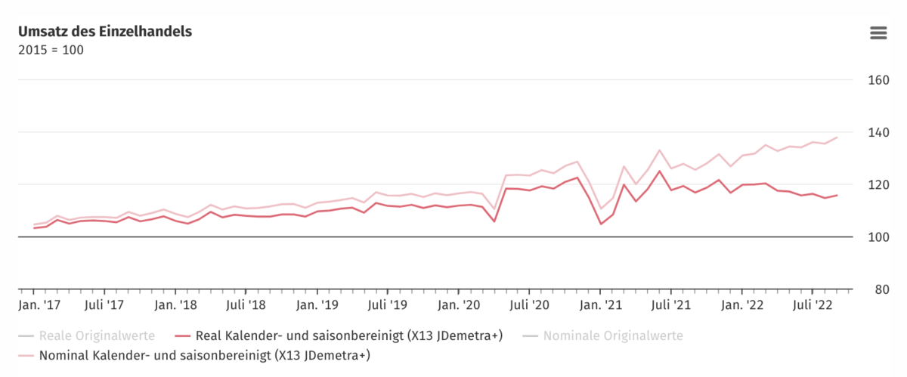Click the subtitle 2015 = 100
click(51, 50)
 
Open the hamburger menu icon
click(878, 32)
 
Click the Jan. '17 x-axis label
click(39, 305)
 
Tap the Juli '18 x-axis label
click(246, 305)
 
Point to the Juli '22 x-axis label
click(813, 305)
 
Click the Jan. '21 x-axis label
click(600, 305)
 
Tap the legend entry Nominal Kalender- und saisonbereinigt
click(204, 354)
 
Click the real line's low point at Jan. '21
click(600, 224)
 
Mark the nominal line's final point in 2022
click(837, 138)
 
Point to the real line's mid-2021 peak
click(660, 171)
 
